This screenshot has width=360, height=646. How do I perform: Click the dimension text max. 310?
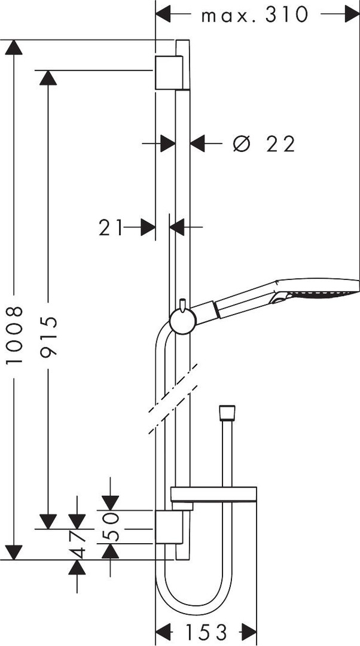click(255, 15)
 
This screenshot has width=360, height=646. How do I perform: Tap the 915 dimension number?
click(49, 336)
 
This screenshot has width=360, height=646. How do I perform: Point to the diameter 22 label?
click(264, 144)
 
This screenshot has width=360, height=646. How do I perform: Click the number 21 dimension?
click(111, 227)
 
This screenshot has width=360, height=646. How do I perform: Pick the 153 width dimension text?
click(206, 632)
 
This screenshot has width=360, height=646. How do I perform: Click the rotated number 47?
click(77, 544)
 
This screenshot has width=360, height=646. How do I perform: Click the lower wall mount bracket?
click(169, 527)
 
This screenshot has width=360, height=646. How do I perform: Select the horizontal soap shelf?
click(213, 495)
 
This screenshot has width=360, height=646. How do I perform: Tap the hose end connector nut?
click(227, 413)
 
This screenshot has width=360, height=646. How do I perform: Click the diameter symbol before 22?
click(242, 144)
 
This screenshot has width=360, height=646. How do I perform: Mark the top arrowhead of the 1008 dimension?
click(14, 47)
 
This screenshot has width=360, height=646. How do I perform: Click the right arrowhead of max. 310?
click(352, 14)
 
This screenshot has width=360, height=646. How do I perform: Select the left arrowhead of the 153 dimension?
click(163, 632)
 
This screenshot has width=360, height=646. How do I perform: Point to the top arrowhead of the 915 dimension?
click(48, 78)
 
